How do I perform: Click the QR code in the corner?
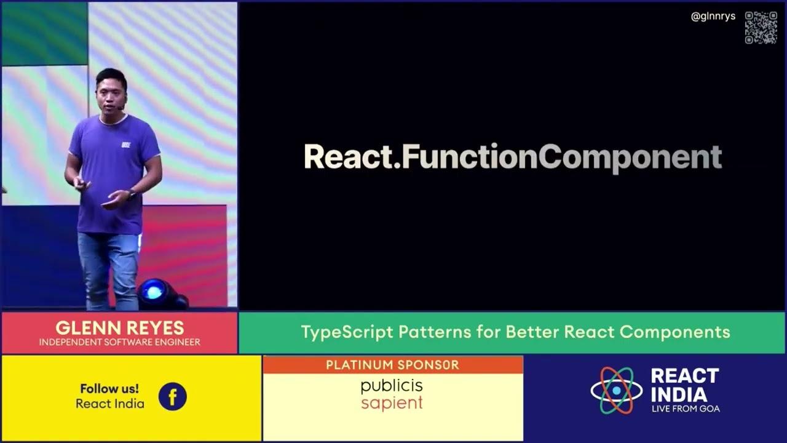tap(761, 28)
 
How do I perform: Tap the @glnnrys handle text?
tap(713, 17)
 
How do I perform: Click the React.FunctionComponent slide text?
tap(512, 158)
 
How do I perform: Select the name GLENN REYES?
tap(119, 327)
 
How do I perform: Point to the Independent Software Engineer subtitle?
tap(119, 342)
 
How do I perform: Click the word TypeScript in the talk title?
tap(347, 332)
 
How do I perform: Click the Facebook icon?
tap(172, 397)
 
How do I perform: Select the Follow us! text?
tap(109, 389)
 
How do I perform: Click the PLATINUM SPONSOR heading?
tap(392, 365)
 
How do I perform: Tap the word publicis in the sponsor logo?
tap(392, 386)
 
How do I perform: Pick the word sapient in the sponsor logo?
tap(392, 404)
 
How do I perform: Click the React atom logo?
tap(616, 390)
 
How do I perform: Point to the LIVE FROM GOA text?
tap(685, 409)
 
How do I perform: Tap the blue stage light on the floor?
tap(154, 292)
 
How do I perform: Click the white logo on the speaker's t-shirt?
tap(126, 145)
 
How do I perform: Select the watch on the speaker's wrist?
tap(132, 194)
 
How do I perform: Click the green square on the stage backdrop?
tap(44, 34)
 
